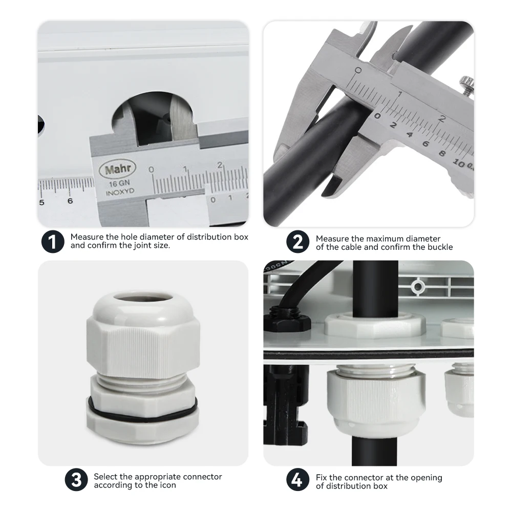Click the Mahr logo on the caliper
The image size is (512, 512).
(x=118, y=169)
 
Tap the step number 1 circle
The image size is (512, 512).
(x=53, y=242)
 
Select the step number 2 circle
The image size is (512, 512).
(x=298, y=242)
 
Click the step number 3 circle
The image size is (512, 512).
(x=76, y=480)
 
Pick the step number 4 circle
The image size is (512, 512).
(x=298, y=480)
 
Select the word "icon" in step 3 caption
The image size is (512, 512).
(x=168, y=485)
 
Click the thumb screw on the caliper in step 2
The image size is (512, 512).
(x=467, y=84)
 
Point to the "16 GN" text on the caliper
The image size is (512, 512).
(x=119, y=183)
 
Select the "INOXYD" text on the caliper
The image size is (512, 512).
(x=120, y=191)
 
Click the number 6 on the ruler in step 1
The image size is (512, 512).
(x=70, y=201)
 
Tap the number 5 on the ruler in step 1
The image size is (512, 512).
(x=41, y=202)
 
